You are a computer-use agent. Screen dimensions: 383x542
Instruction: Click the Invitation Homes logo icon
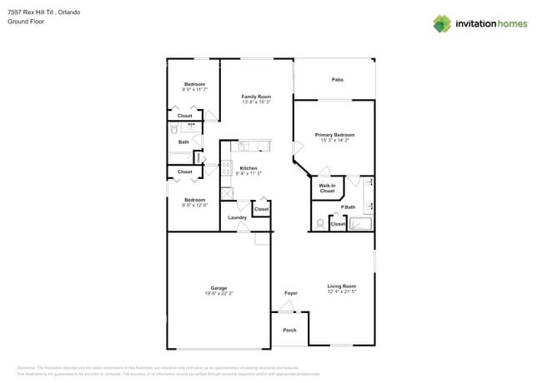441,23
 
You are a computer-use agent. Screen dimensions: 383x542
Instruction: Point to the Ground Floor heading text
25,22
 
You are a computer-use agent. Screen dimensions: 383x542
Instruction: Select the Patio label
338,80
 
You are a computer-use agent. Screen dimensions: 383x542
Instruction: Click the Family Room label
256,97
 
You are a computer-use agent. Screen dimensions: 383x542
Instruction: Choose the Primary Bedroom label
334,135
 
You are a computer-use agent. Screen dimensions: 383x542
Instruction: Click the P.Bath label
349,206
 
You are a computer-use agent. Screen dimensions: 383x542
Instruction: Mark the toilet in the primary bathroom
320,223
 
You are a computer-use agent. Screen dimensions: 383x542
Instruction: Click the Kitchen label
249,168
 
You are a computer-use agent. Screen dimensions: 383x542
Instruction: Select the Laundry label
237,217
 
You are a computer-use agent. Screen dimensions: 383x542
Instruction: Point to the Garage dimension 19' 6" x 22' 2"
218,294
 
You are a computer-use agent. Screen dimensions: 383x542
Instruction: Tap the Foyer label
291,293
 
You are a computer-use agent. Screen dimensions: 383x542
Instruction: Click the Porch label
289,330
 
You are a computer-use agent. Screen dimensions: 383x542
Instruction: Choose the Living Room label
342,286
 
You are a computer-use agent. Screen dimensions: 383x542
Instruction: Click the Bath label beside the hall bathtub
183,142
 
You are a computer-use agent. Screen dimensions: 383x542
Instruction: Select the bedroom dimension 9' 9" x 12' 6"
195,205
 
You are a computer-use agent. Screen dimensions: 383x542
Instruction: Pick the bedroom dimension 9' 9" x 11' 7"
195,90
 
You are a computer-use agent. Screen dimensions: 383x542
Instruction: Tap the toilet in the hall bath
174,129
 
